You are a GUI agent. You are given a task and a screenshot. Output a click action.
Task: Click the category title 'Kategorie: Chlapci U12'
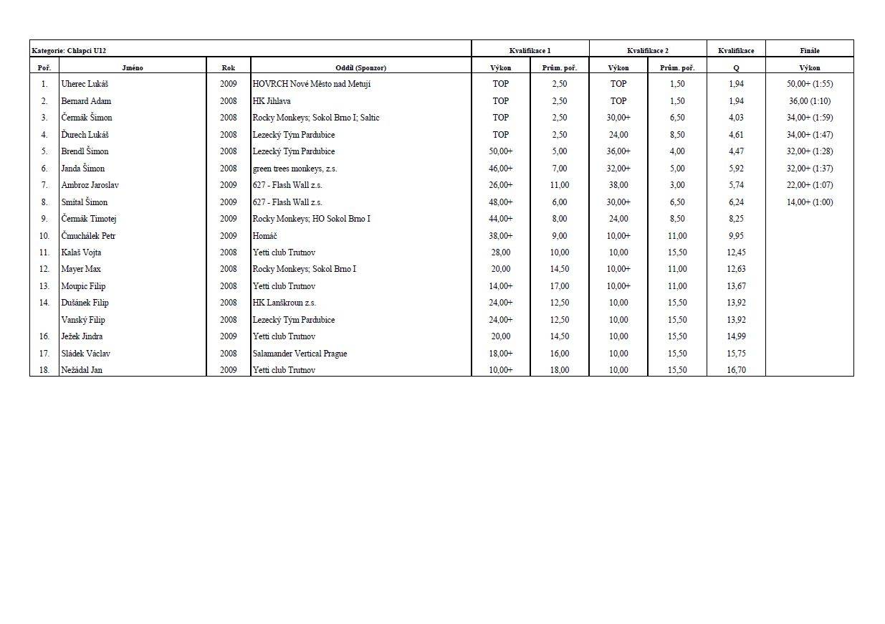pos(70,51)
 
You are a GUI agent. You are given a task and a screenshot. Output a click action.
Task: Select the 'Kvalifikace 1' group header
pos(530,51)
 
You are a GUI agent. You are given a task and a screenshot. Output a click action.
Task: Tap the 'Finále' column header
pos(809,51)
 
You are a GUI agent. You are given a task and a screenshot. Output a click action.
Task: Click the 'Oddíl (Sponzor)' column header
pos(360,67)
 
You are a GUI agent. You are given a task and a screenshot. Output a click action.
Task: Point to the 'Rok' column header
pos(228,67)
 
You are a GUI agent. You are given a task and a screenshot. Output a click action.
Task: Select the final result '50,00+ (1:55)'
pos(809,84)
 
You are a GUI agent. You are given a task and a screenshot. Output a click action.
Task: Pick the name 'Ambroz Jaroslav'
pos(90,185)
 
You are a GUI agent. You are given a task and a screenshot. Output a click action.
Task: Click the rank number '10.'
pos(44,236)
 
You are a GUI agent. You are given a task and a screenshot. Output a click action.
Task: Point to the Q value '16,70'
pos(735,370)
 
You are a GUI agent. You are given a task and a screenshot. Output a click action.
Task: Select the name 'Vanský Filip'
pos(83,320)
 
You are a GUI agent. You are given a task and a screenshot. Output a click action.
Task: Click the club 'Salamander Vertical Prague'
pos(300,354)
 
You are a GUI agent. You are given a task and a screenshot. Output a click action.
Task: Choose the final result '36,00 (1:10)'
pos(809,101)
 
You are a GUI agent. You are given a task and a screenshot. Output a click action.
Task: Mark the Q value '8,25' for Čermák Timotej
pos(735,219)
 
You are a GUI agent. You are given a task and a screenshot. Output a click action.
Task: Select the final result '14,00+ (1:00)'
pos(809,202)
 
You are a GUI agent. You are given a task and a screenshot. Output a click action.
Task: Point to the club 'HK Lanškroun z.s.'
pos(284,303)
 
